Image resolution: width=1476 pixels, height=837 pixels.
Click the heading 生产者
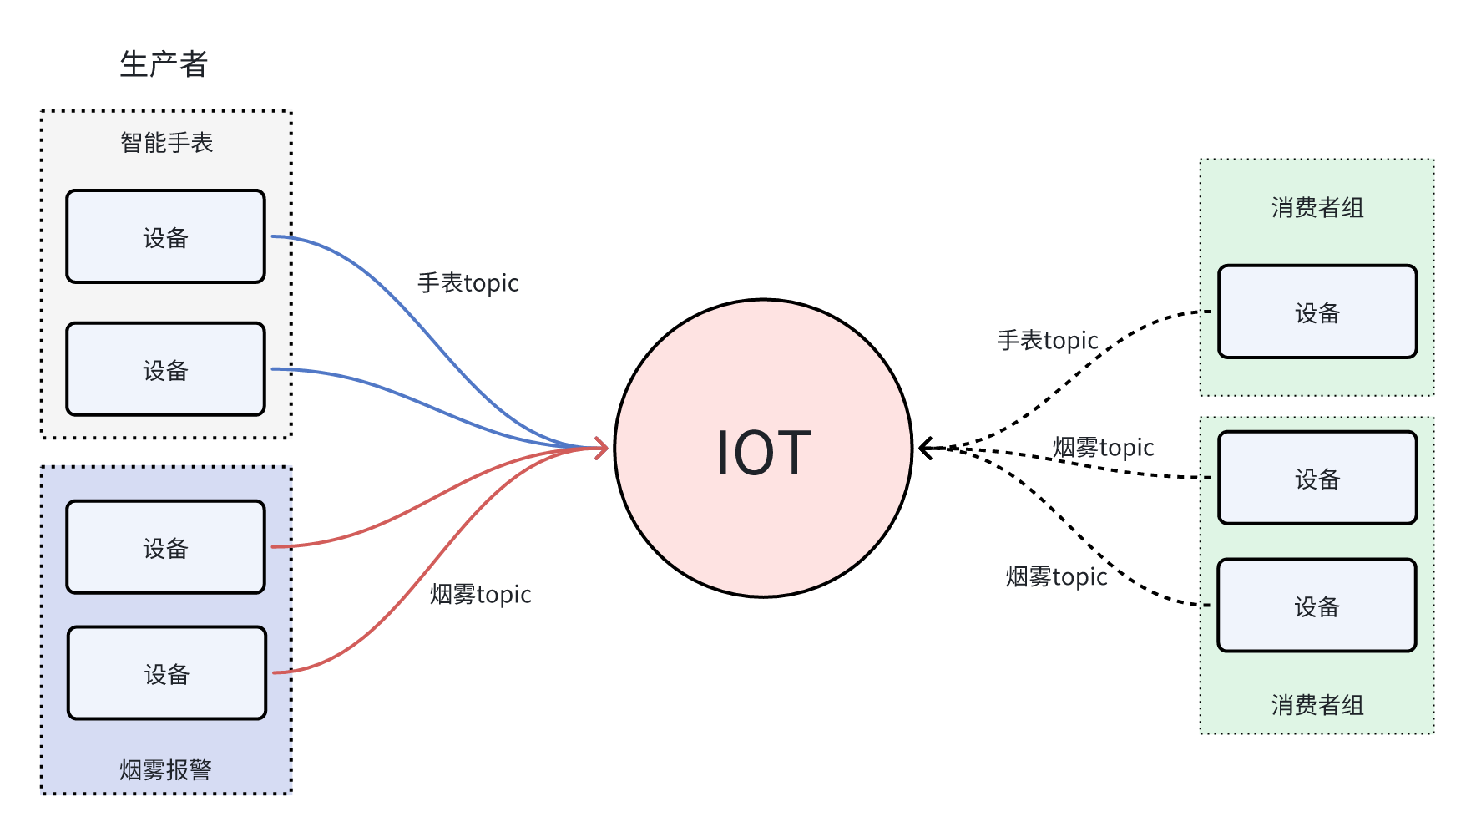[164, 64]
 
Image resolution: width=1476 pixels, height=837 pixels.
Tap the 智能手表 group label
[167, 143]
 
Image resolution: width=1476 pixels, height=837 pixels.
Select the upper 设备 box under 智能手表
[166, 236]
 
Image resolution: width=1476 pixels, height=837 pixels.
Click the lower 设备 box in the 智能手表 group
[166, 369]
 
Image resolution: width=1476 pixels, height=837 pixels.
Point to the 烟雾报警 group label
[165, 769]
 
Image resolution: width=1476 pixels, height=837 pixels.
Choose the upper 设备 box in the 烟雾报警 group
[166, 547]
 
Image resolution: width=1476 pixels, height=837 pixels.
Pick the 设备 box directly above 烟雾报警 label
[167, 673]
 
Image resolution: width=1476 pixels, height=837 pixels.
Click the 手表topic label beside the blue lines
[468, 283]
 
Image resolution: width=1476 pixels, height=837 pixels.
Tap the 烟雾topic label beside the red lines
[481, 595]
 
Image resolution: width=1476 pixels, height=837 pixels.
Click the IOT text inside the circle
[764, 453]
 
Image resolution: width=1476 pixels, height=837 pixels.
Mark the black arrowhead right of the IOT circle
[926, 449]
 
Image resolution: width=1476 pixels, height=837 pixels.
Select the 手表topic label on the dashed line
[1048, 341]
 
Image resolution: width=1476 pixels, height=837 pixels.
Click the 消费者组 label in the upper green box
[1317, 208]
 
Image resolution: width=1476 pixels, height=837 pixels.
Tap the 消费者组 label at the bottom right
[1317, 705]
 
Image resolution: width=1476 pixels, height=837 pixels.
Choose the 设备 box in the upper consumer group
[1317, 312]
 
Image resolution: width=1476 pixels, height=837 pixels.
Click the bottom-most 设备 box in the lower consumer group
[1317, 606]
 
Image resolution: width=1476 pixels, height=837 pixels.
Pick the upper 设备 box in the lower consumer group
[1317, 478]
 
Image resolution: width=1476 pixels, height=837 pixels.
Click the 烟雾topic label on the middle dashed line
[1104, 448]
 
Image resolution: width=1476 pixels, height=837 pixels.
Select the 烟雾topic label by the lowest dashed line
[1057, 577]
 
